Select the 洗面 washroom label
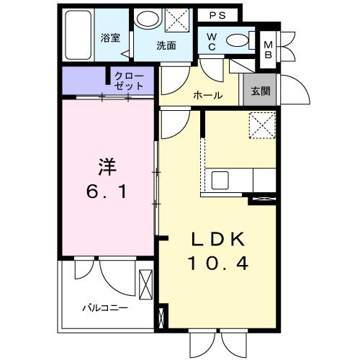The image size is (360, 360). point(167,45)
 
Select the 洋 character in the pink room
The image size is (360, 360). point(107,166)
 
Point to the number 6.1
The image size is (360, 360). point(107,192)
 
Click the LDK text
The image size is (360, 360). point(219,239)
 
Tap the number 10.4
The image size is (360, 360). point(219,264)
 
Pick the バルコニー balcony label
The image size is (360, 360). point(104,307)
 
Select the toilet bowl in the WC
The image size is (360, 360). point(238,40)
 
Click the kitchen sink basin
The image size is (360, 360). point(219,179)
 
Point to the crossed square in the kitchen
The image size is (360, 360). point(261,125)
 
